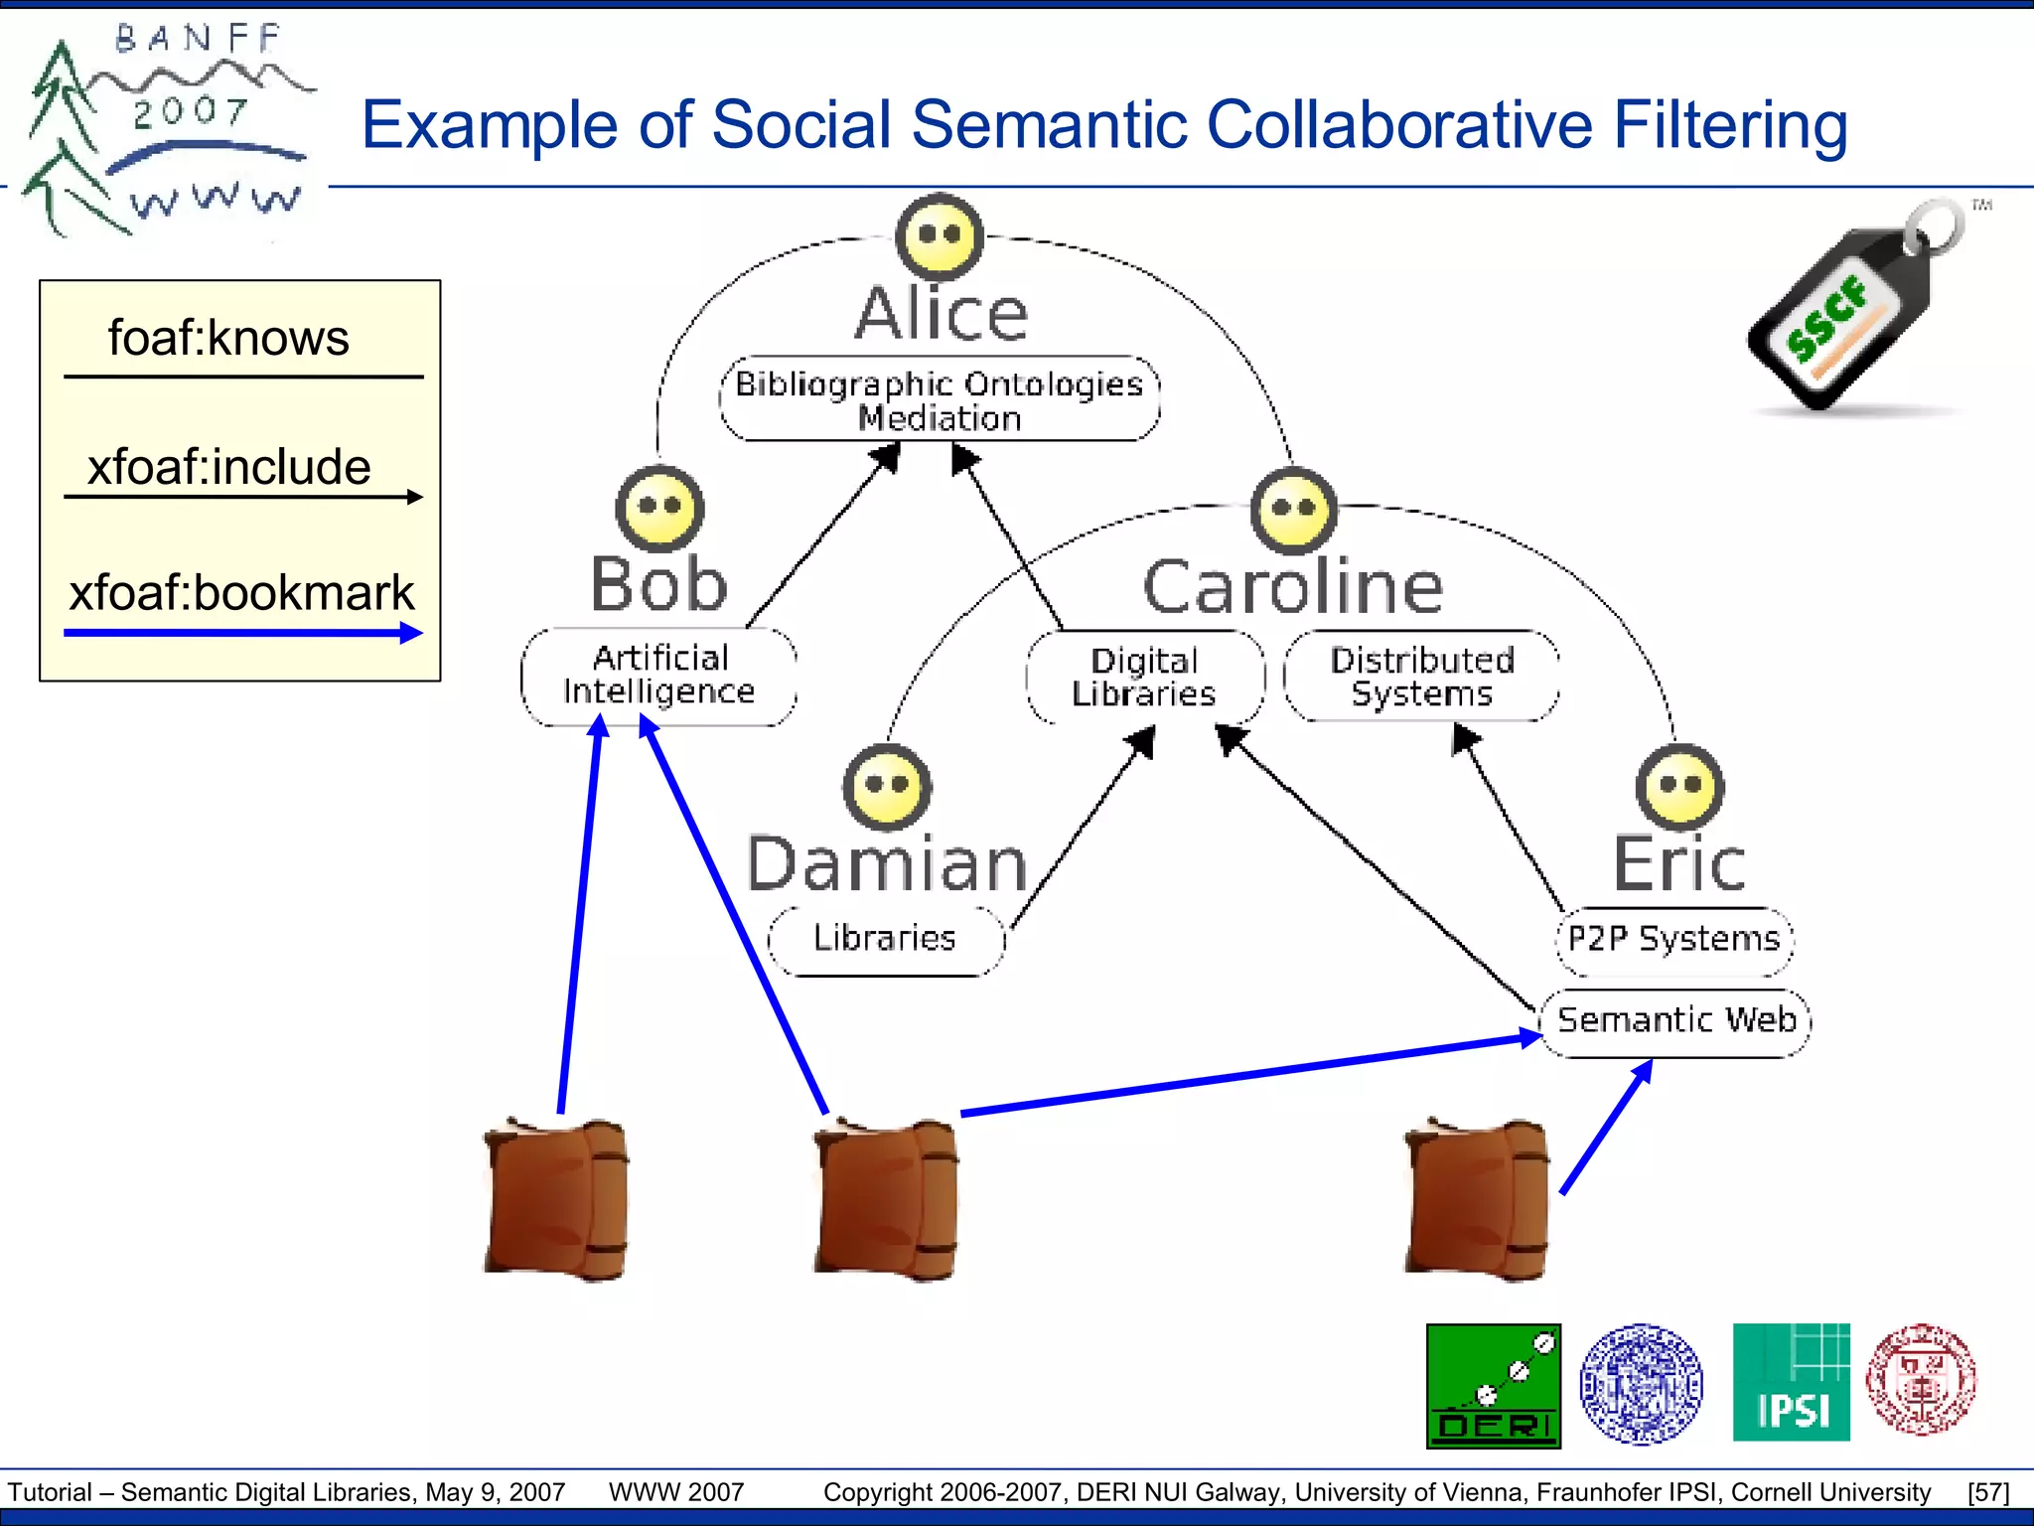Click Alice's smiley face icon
[939, 237]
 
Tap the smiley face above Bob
[659, 508]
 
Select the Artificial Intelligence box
[658, 676]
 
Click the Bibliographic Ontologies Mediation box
[939, 399]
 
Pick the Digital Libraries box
[1144, 678]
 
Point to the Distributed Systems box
[1421, 676]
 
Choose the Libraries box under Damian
[885, 939]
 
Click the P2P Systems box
[1673, 939]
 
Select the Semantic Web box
[1675, 1021]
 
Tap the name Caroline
[1292, 587]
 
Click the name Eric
[1678, 864]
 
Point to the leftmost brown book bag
[556, 1199]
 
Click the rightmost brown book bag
[1477, 1199]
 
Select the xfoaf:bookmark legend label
[241, 593]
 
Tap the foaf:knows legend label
[228, 339]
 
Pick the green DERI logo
[1493, 1386]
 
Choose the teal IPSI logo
[1791, 1382]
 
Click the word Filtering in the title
[1729, 126]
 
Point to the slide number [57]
[1988, 1492]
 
